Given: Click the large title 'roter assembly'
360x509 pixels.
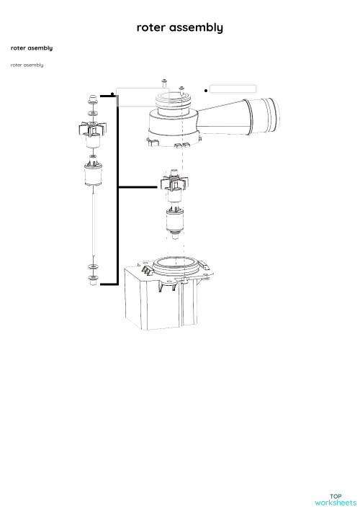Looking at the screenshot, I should [180, 27].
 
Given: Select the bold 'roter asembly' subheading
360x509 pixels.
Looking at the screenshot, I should [31, 48].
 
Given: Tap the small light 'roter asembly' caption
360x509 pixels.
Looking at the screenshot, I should [27, 65].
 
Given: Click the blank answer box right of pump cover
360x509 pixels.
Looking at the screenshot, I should [233, 89].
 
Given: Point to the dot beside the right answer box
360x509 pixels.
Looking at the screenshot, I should [207, 91].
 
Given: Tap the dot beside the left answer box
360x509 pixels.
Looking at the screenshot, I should [113, 94].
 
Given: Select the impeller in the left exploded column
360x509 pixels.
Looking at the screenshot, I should [92, 130].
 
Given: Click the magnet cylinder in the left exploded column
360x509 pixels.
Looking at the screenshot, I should [93, 176].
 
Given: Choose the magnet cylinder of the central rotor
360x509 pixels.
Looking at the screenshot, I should [173, 219].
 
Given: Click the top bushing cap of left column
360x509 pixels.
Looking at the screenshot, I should [92, 98].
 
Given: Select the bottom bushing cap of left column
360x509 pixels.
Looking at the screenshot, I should [93, 280].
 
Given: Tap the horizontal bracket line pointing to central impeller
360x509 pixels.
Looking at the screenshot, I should [138, 187].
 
